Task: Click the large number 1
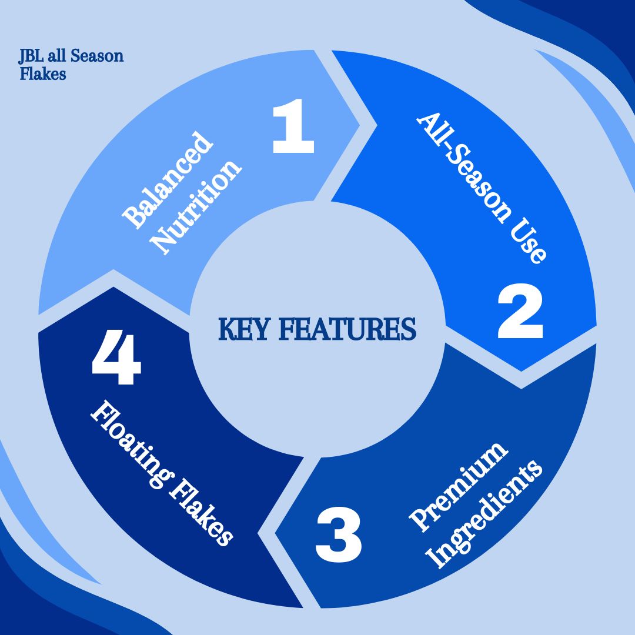click(x=293, y=126)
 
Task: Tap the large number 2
click(x=520, y=313)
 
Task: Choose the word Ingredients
click(x=485, y=514)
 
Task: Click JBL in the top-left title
click(x=31, y=56)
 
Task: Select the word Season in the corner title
click(x=97, y=56)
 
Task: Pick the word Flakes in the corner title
click(x=42, y=74)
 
